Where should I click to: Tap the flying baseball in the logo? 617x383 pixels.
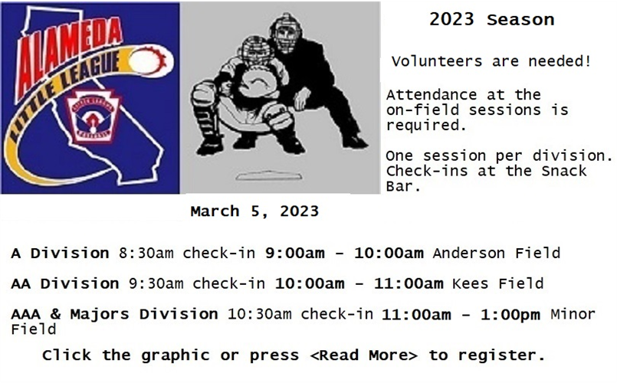pos(148,62)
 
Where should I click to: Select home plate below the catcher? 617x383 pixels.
pos(269,175)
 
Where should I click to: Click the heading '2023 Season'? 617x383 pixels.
pos(491,20)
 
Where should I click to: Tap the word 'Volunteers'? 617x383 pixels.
pos(437,61)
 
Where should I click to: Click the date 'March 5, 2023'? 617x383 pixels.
pos(254,211)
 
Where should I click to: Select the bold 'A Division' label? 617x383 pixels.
pos(61,253)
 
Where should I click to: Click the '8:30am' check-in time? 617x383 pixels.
pos(146,253)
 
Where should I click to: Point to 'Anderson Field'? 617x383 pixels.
pos(497,253)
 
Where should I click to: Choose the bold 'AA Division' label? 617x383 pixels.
pos(65,283)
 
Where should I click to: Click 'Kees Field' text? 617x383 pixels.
pos(498,283)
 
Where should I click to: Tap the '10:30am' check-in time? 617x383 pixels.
pos(260,314)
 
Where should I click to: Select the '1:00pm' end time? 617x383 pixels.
pos(510,315)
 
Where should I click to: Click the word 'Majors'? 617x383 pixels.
pos(100,314)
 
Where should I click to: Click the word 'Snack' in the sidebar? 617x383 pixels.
pos(564,171)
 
